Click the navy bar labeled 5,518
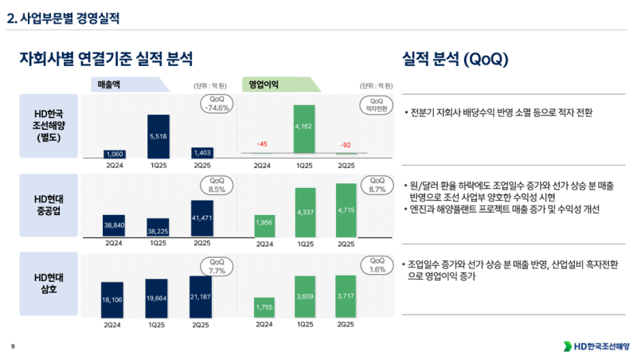point(158,136)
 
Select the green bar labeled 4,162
point(303,128)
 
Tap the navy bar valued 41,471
point(202,217)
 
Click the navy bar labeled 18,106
point(112,299)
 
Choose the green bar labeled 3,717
point(346,295)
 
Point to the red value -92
point(346,146)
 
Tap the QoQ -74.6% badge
point(217,104)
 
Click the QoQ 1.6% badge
point(377,265)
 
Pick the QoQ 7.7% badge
point(217,266)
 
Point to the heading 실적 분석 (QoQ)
point(455,59)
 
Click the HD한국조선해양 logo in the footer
point(596,346)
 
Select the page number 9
point(13,346)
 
